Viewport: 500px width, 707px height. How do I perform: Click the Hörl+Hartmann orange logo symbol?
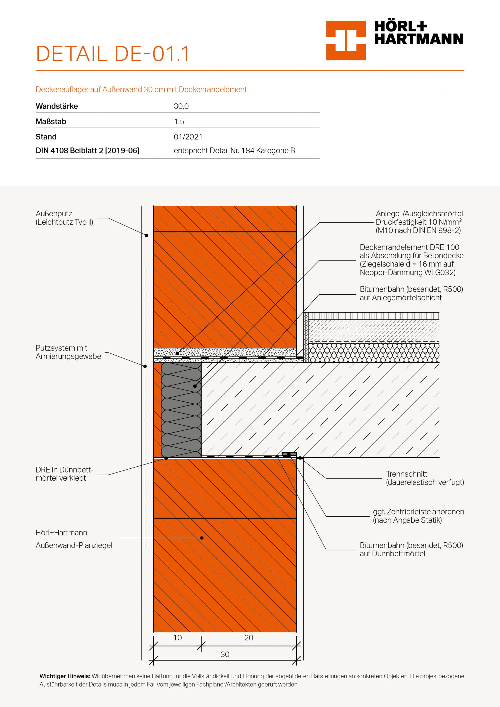(346, 40)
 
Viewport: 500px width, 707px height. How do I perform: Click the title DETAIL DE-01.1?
(112, 54)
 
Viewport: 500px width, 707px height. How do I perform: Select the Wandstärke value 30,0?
(181, 106)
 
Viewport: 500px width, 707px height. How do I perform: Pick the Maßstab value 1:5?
(179, 122)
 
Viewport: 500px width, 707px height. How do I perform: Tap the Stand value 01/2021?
(188, 137)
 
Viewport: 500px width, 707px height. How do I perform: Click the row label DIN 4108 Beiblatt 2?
(87, 151)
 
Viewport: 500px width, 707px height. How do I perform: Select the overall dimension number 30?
(225, 654)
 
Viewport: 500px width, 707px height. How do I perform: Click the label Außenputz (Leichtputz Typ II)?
(64, 218)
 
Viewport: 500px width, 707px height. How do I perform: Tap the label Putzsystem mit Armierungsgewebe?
(68, 352)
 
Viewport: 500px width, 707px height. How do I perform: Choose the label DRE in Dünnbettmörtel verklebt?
(64, 474)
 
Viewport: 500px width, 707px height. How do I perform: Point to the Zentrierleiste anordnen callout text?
(418, 516)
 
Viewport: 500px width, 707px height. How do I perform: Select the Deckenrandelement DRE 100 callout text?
(411, 260)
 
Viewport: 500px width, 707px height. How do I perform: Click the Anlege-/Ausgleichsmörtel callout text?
(419, 222)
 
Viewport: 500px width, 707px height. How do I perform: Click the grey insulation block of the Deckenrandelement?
(181, 410)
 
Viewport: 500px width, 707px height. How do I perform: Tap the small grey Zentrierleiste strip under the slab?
(289, 454)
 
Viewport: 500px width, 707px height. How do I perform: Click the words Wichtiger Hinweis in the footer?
(65, 676)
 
